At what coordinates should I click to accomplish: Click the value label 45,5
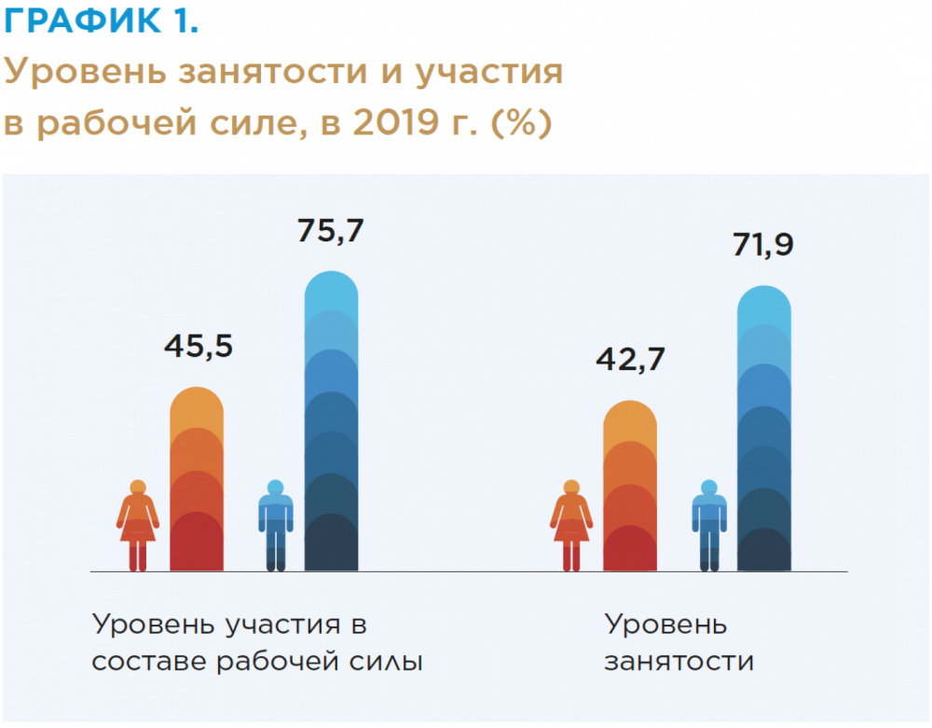tap(198, 347)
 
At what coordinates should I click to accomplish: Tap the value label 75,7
tap(331, 230)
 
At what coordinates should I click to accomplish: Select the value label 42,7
tap(630, 360)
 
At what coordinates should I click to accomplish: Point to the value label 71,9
tap(763, 247)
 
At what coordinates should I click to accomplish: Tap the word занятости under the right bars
tap(678, 662)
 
